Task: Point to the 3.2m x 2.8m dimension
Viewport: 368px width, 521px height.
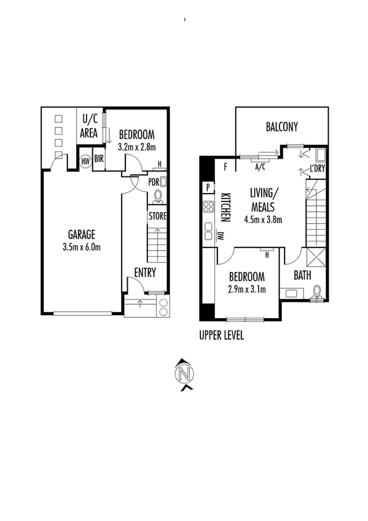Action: click(136, 147)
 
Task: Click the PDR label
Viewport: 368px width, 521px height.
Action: click(154, 182)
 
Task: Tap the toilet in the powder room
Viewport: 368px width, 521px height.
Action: click(158, 196)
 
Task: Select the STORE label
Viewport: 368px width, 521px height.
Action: click(157, 216)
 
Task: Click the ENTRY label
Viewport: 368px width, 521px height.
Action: click(145, 273)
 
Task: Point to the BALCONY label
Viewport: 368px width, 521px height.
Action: click(281, 127)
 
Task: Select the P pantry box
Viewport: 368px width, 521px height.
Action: click(208, 188)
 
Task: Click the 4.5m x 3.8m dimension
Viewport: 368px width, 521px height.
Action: click(262, 219)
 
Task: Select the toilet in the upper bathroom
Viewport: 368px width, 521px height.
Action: click(318, 291)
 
